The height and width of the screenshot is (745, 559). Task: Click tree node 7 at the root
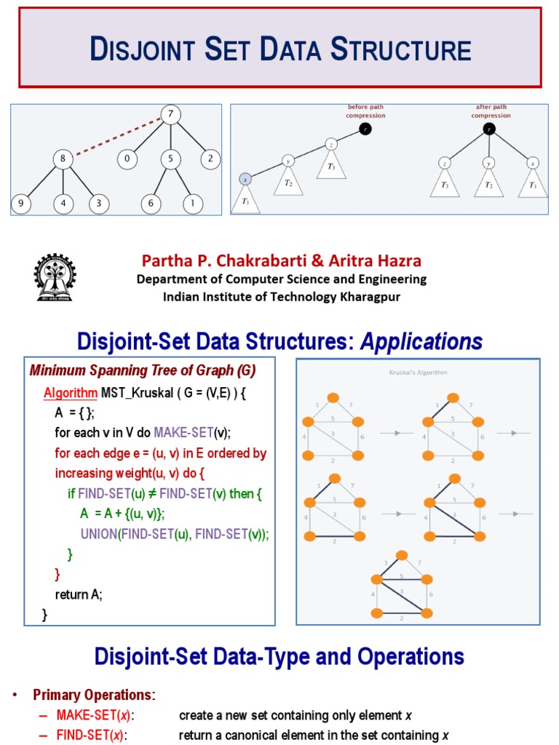tap(170, 115)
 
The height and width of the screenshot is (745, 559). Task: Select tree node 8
tap(63, 159)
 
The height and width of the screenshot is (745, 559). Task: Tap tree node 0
tap(127, 159)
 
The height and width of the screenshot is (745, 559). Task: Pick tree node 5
tap(170, 159)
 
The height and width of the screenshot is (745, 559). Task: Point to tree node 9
tap(21, 204)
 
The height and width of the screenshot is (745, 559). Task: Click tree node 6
tap(151, 204)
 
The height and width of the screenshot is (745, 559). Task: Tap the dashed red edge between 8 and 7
tap(116, 137)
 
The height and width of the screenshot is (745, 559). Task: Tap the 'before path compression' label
tap(366, 111)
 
